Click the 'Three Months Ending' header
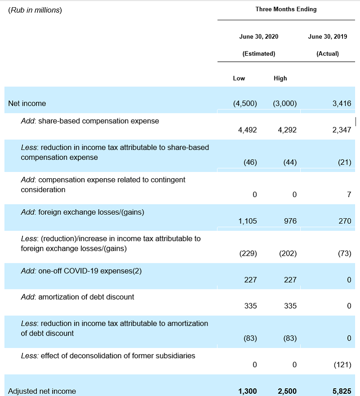tap(286, 9)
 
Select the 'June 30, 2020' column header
tap(259, 37)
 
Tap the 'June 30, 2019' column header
tap(328, 37)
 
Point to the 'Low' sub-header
tap(239, 78)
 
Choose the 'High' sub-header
tap(280, 78)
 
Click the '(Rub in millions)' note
tap(35, 10)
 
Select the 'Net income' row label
tap(27, 103)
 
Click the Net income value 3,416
tap(342, 103)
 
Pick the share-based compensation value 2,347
tap(342, 130)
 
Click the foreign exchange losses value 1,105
tap(247, 221)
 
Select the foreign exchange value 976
tap(288, 221)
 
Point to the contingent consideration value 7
tap(349, 194)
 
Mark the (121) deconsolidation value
tap(342, 364)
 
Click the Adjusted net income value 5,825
tap(341, 391)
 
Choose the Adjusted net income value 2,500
tap(287, 391)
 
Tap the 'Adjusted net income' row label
tap(42, 391)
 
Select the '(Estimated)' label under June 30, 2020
tap(259, 54)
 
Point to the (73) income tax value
tap(344, 253)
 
